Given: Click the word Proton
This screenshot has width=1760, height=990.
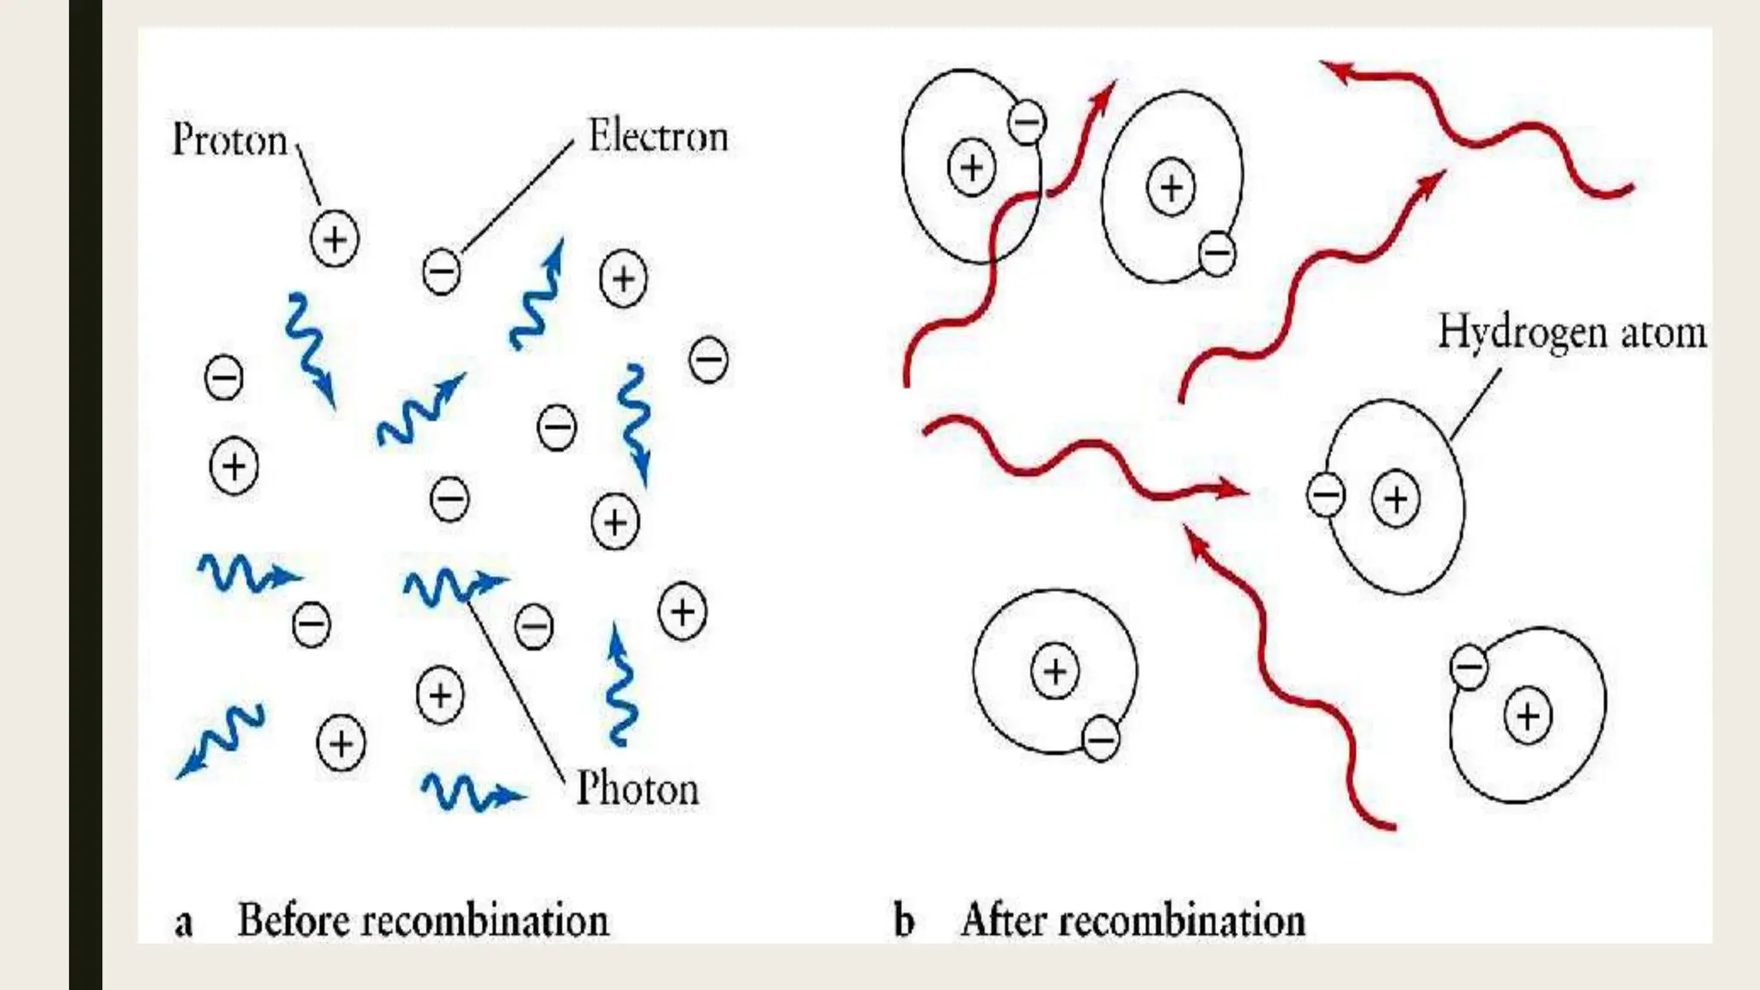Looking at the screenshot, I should [229, 140].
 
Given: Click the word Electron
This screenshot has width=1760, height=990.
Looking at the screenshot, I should [657, 137].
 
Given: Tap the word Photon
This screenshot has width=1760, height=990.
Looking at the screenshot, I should [637, 789].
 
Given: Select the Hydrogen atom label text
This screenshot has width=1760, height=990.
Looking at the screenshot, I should [1572, 333].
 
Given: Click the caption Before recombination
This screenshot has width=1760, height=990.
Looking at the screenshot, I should [423, 920].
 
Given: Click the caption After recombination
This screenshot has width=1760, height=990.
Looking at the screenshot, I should [1133, 920].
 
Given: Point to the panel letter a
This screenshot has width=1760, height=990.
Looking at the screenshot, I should [183, 923].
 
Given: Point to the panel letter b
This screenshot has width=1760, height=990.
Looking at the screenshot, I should [903, 920].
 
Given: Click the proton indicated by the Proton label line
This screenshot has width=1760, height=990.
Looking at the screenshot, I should [334, 239].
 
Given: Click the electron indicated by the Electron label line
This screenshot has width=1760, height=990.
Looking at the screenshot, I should [442, 272].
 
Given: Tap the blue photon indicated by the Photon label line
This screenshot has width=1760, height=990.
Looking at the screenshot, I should [451, 586].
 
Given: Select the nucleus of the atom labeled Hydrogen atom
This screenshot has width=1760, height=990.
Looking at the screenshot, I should [1395, 498].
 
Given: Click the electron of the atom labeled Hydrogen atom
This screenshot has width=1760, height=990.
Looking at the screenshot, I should [1325, 495].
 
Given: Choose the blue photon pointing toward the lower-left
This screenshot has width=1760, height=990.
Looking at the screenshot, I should [219, 739].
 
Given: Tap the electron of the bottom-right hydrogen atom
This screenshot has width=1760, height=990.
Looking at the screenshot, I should [1469, 667].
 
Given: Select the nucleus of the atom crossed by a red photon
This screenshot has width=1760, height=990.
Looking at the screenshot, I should [971, 167].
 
